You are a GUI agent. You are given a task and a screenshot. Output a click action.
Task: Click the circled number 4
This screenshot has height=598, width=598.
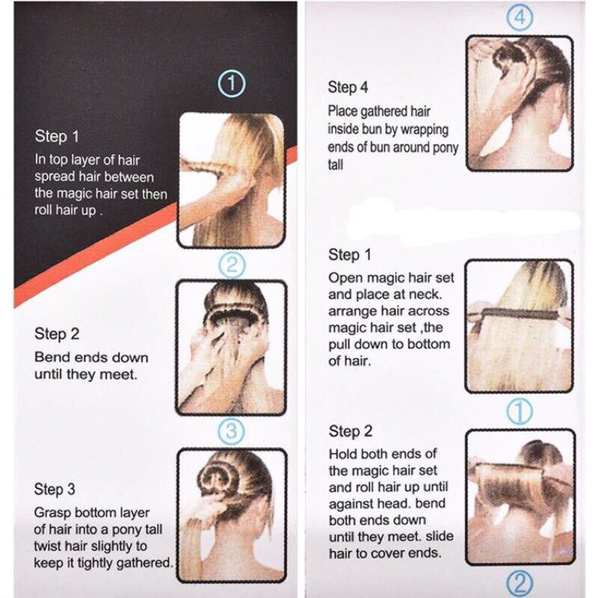520,16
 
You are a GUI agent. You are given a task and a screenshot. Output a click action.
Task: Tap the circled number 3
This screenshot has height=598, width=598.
231,431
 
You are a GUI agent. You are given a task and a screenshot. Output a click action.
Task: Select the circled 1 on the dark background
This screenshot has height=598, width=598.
231,84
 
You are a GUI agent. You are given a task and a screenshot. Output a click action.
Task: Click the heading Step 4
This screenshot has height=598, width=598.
348,87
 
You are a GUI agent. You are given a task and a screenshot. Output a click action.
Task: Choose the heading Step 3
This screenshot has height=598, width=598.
55,490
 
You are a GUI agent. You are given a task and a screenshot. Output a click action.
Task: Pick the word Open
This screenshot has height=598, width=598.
344,278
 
